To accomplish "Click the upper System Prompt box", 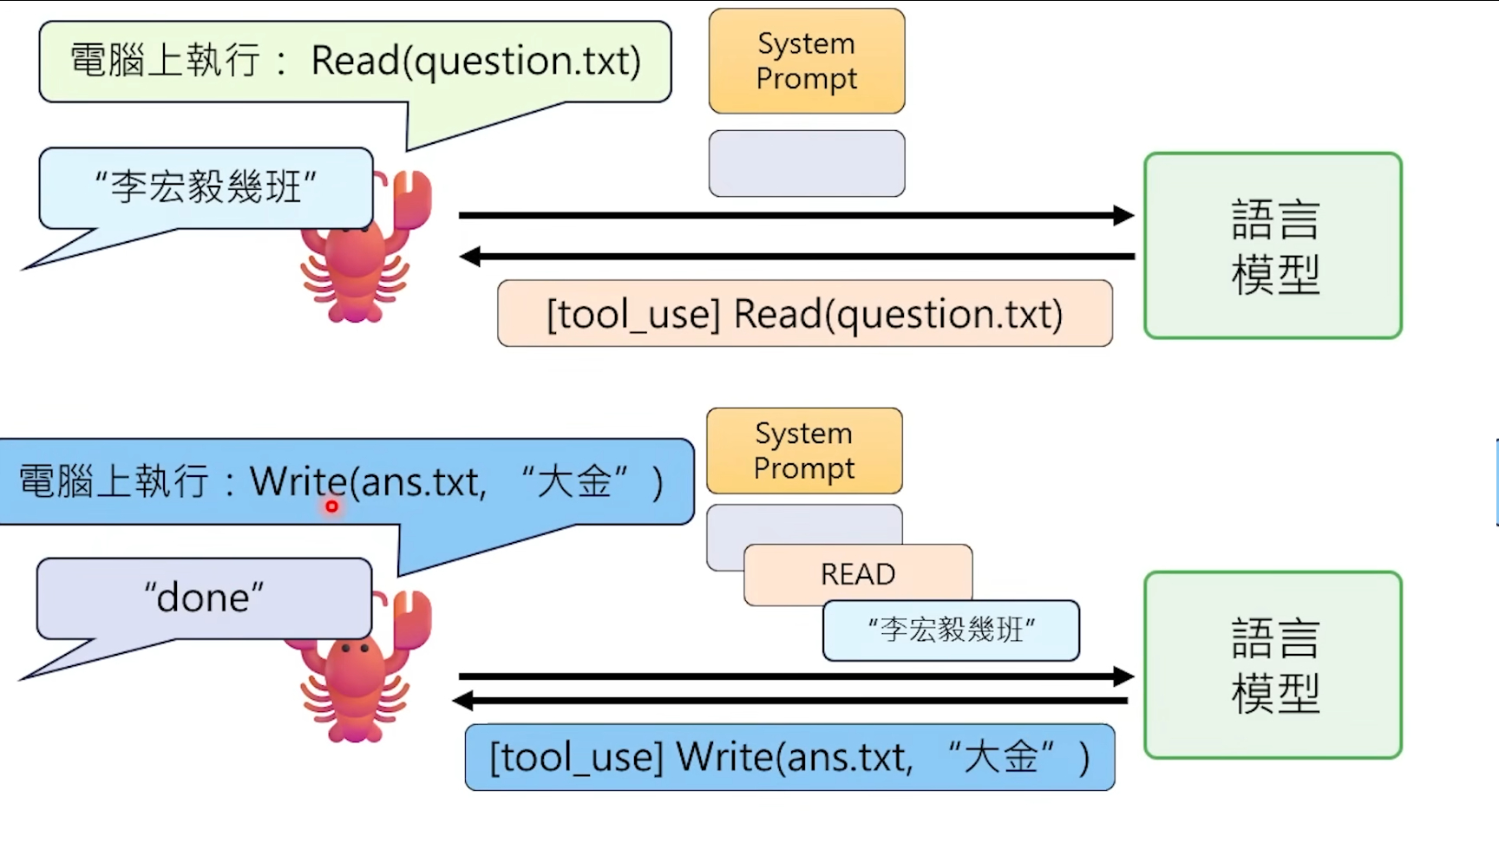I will (807, 61).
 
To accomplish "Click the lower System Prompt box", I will (804, 450).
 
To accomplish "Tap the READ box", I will (858, 574).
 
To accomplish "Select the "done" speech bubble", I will (204, 598).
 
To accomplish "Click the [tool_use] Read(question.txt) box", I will (804, 314).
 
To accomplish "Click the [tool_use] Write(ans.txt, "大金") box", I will (789, 757).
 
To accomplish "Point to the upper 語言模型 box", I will (1273, 245).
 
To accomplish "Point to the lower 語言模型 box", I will (1273, 664).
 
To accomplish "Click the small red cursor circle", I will (331, 506).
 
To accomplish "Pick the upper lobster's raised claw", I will (411, 199).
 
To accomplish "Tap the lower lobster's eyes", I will (355, 648).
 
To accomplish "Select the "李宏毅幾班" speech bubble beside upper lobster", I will (206, 187).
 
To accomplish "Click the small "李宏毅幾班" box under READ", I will (951, 631).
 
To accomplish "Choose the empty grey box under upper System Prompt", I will (807, 163).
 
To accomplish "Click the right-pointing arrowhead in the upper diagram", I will (1123, 215).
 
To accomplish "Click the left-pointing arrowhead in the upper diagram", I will (470, 256).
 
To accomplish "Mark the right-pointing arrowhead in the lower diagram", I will (1123, 676).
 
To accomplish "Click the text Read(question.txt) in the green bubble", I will (475, 61).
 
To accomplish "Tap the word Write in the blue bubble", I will (298, 481).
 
